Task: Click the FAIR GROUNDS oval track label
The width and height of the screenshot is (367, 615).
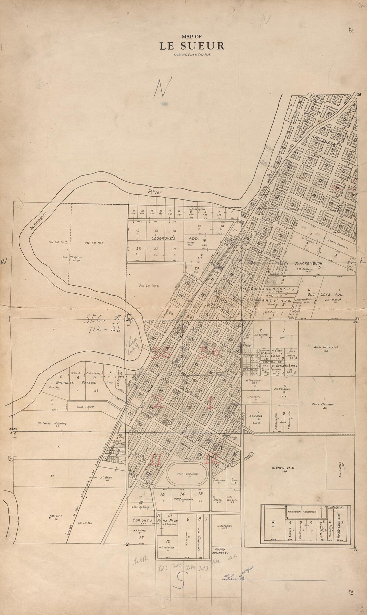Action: (x=188, y=474)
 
